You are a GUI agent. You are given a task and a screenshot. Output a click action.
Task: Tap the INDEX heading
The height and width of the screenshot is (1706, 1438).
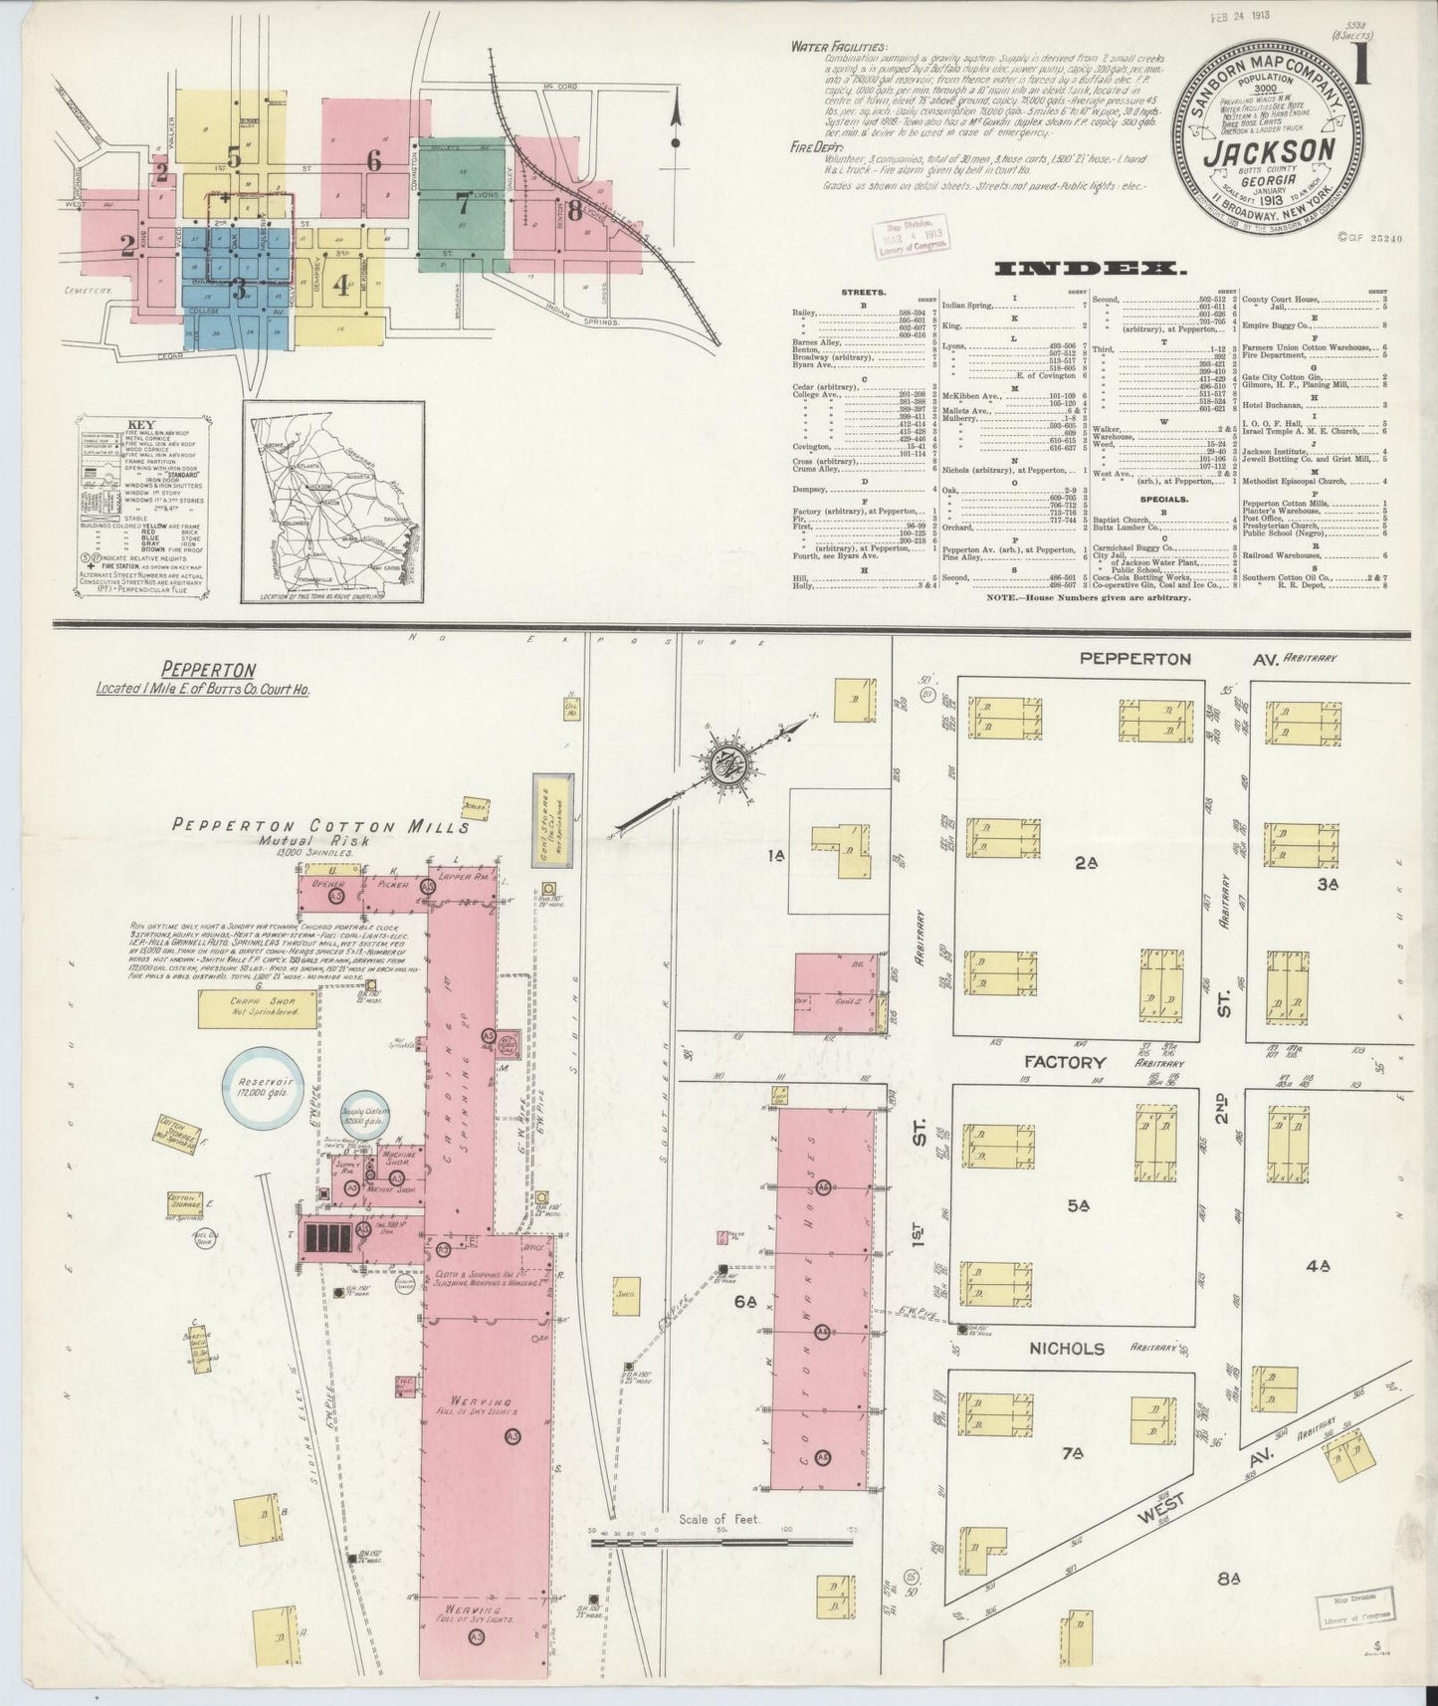tap(1089, 269)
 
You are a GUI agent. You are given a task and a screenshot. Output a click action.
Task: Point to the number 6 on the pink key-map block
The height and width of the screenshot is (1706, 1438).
tap(373, 159)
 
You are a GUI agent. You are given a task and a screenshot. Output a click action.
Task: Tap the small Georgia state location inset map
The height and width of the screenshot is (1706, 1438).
tap(332, 502)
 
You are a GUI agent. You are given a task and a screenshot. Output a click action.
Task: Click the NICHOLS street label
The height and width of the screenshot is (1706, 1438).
tap(1065, 1349)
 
